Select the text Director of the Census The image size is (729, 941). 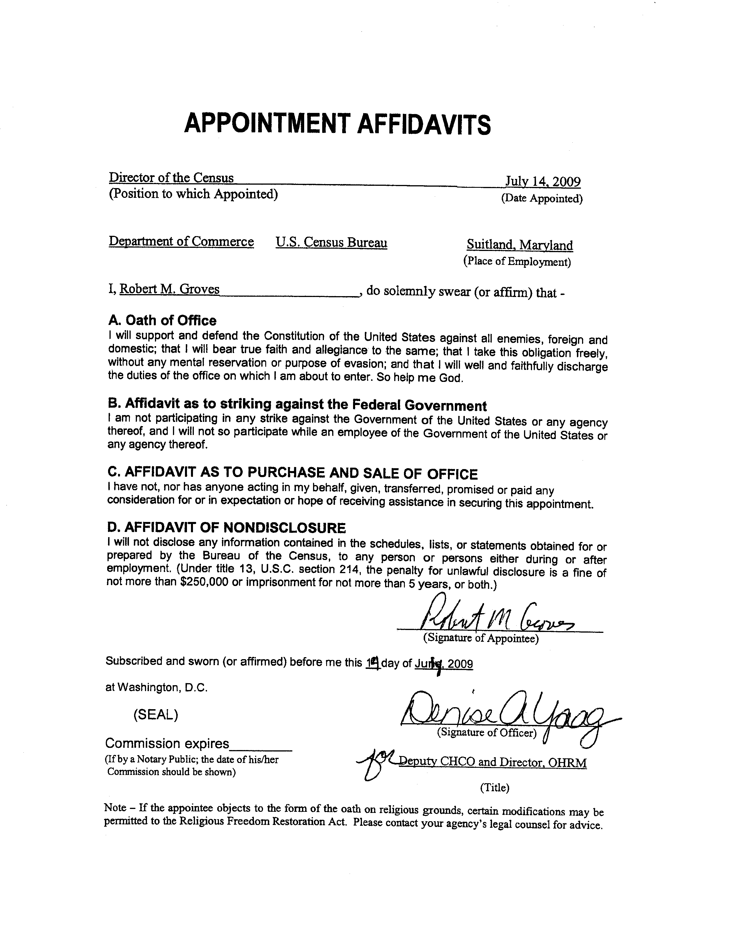click(171, 178)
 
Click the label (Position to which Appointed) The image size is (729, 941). click(193, 194)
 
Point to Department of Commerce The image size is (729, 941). click(181, 242)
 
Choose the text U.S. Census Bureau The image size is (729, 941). click(331, 243)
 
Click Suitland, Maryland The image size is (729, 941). click(520, 246)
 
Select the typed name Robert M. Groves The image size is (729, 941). click(169, 289)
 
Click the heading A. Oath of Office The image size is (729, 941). click(162, 320)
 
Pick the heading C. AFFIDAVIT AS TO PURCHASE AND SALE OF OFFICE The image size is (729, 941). click(292, 474)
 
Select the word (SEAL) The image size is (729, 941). click(156, 715)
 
